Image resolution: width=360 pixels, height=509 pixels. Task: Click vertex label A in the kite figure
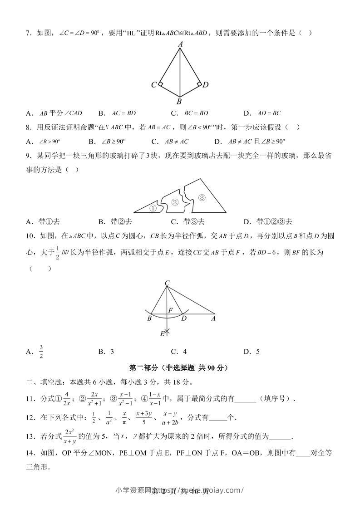180,44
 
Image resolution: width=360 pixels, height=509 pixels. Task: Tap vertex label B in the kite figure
179,102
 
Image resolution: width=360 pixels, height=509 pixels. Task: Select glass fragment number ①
153,209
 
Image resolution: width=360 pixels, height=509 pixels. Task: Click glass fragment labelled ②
175,202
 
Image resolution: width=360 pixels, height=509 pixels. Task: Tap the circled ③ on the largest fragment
202,198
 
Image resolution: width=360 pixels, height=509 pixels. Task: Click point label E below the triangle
162,333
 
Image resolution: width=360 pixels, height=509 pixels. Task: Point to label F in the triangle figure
171,310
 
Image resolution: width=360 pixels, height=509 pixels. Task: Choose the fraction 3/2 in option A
41,352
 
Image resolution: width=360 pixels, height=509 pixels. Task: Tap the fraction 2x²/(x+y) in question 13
69,436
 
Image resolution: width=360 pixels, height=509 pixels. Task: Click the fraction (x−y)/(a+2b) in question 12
169,417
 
